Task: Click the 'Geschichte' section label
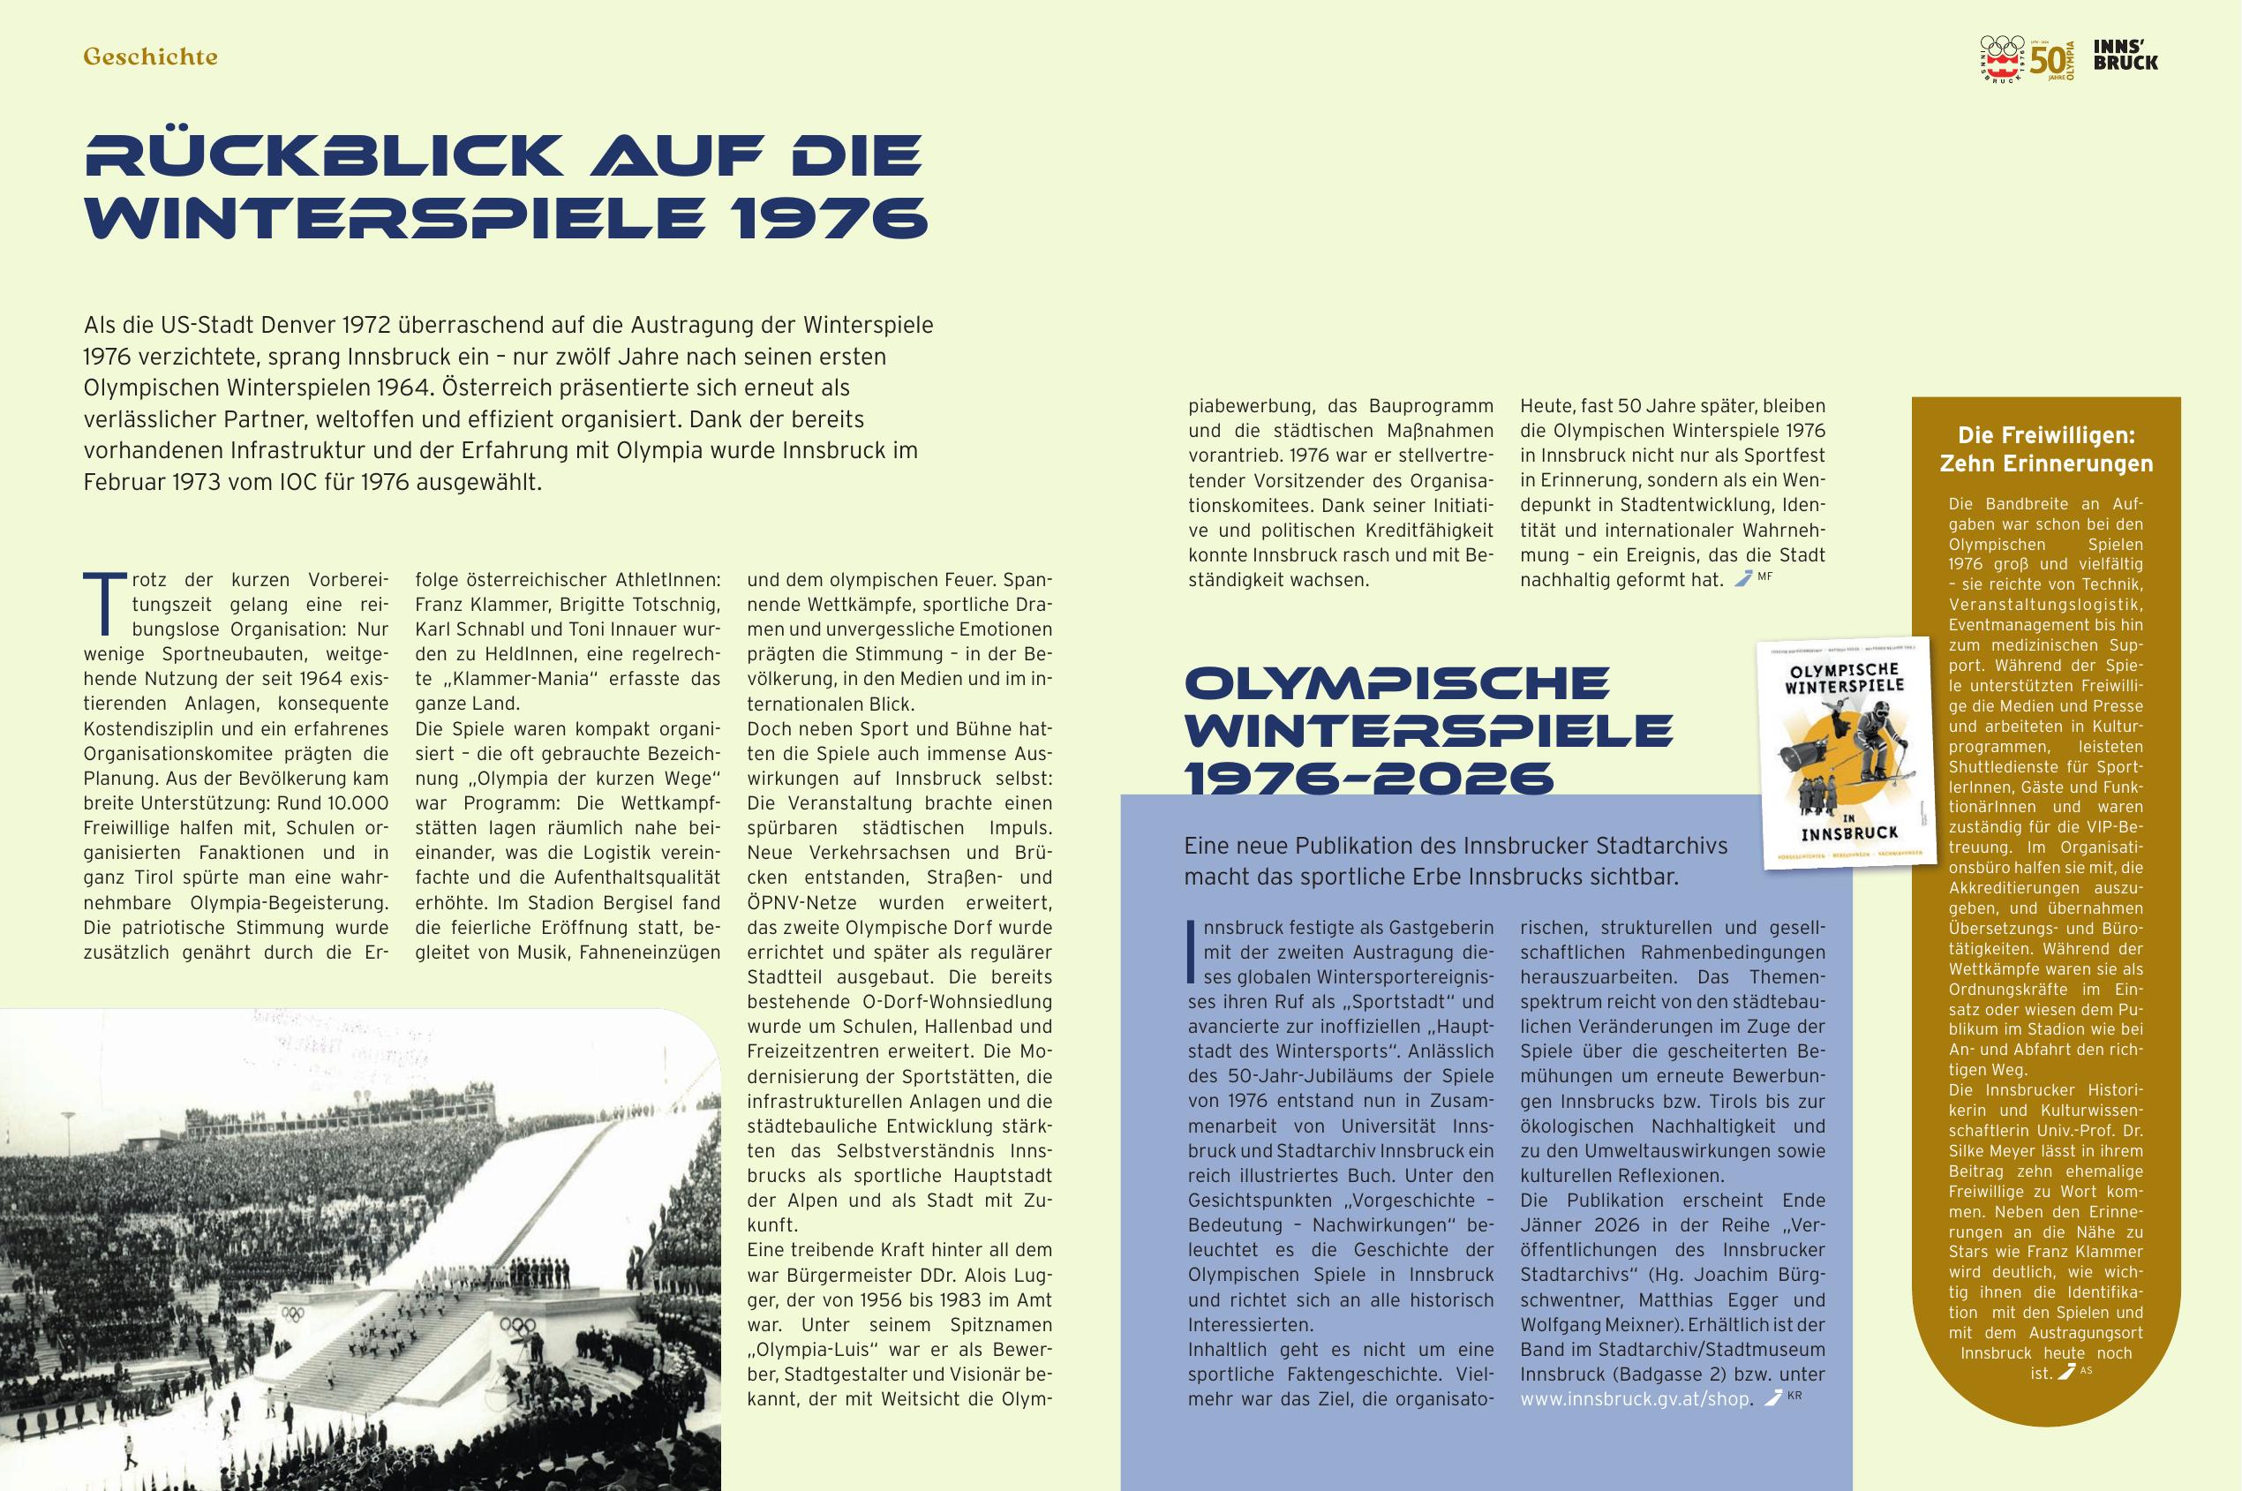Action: pyautogui.click(x=150, y=57)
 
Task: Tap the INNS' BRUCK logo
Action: pyautogui.click(x=2125, y=54)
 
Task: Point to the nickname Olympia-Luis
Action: pyautogui.click(x=812, y=1350)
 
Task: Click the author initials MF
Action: pyautogui.click(x=1764, y=576)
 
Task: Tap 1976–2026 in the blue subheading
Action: pyautogui.click(x=1368, y=779)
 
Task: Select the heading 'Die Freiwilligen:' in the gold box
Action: pyautogui.click(x=2046, y=435)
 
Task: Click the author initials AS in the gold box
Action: pyautogui.click(x=2086, y=1370)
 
